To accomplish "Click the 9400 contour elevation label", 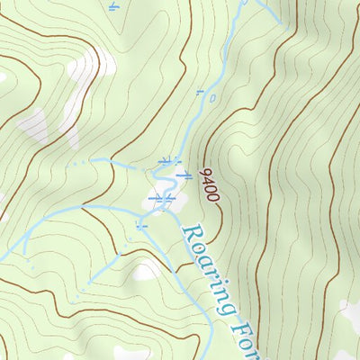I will tap(210, 184).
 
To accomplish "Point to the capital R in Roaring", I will tap(190, 236).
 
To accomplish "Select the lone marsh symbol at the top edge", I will tap(112, 7).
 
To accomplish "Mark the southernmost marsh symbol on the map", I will tap(140, 226).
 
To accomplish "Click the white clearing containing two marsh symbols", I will tap(162, 194).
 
